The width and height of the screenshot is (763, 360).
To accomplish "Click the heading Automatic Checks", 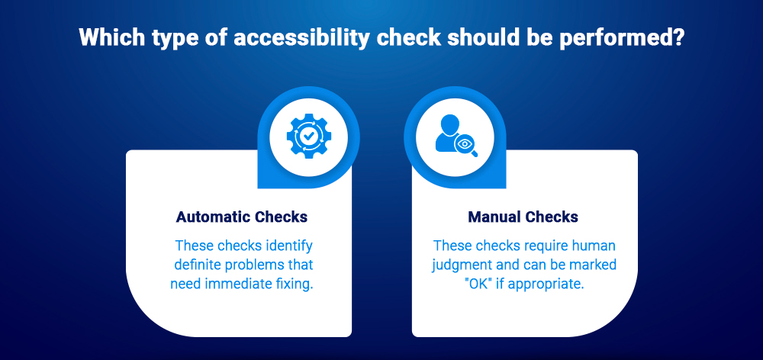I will point(242,217).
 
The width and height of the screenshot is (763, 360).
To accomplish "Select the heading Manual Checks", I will point(523,217).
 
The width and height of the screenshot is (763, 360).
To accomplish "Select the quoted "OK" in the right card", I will point(449,284).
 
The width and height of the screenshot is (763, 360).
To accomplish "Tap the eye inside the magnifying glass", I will point(464,143).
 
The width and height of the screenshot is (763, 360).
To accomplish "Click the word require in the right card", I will point(523,246).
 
